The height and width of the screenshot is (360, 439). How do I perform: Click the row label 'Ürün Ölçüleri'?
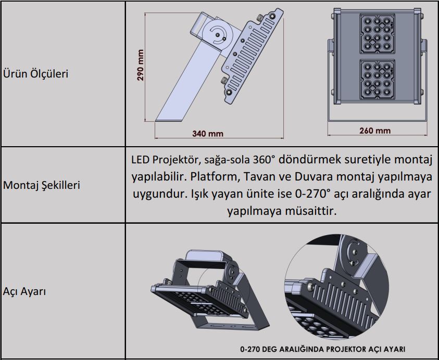[36, 73]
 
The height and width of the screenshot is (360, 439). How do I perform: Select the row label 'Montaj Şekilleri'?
[42, 185]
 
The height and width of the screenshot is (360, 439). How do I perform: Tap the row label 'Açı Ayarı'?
[24, 291]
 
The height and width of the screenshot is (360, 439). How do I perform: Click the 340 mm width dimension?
[207, 134]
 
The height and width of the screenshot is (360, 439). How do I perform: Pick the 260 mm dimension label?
[374, 131]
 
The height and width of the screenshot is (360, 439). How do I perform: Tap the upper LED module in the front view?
[376, 33]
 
